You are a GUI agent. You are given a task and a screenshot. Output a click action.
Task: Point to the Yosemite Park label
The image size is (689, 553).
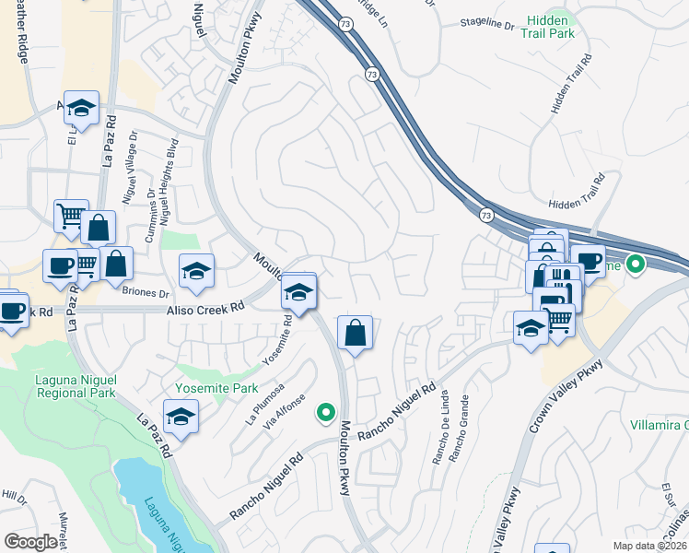[217, 388]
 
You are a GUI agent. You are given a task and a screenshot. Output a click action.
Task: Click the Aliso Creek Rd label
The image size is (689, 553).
[204, 311]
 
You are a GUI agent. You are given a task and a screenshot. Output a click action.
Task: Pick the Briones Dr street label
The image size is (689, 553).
[146, 294]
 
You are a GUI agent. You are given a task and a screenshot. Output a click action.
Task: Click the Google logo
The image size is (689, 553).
[31, 541]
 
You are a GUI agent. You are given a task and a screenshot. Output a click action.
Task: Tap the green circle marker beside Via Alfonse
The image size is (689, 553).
[324, 412]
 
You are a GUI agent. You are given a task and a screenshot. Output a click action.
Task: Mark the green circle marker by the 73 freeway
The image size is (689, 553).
[635, 266]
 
